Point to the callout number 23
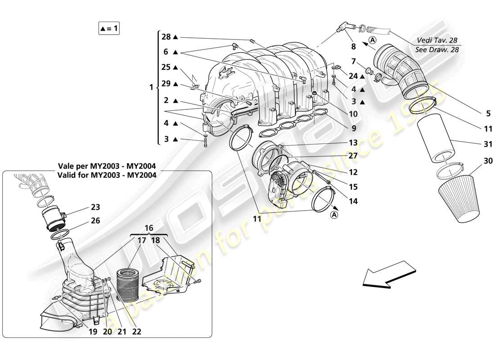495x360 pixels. pos(95,207)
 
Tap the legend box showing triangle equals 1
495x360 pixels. pos(109,28)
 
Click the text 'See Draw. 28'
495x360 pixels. pos(437,49)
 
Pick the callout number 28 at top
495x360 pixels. pos(166,36)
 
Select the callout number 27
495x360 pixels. pos(353,157)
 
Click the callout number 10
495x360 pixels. pos(353,114)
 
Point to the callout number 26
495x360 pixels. pos(95,221)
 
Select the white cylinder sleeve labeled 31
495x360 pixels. pos(434,139)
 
